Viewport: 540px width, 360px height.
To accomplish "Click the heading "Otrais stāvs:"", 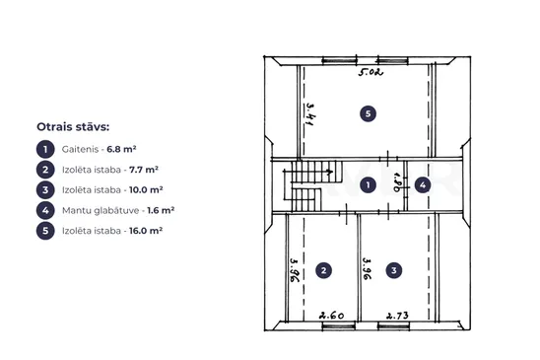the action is click(x=73, y=127).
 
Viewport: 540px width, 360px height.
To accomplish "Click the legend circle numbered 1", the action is click(x=45, y=149).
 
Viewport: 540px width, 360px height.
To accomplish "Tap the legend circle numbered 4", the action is click(x=45, y=210).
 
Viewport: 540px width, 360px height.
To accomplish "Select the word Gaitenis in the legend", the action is click(x=80, y=149).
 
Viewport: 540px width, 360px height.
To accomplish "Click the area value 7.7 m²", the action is click(x=144, y=170).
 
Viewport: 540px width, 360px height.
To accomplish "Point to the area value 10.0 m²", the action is click(x=146, y=190).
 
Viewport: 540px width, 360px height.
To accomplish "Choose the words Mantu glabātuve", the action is click(x=101, y=210).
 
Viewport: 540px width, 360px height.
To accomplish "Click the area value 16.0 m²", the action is click(x=146, y=231).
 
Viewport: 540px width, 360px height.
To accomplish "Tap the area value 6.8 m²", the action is click(x=121, y=149).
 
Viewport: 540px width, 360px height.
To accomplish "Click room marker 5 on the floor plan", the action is click(x=368, y=113).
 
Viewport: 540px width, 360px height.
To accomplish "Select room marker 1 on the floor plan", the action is click(x=368, y=185).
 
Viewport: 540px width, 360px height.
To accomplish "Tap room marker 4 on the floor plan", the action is click(x=423, y=185).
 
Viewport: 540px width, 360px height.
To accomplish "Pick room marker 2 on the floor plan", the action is click(x=324, y=270).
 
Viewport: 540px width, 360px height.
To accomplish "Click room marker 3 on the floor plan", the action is click(x=394, y=270).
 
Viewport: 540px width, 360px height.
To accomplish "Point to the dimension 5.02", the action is click(x=371, y=72).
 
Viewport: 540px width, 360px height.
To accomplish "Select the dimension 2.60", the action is click(x=331, y=316).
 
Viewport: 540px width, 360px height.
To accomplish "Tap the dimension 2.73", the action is click(x=397, y=316).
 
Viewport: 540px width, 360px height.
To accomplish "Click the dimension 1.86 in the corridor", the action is click(x=397, y=182).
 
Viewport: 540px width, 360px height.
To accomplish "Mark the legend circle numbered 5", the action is click(x=45, y=231).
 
